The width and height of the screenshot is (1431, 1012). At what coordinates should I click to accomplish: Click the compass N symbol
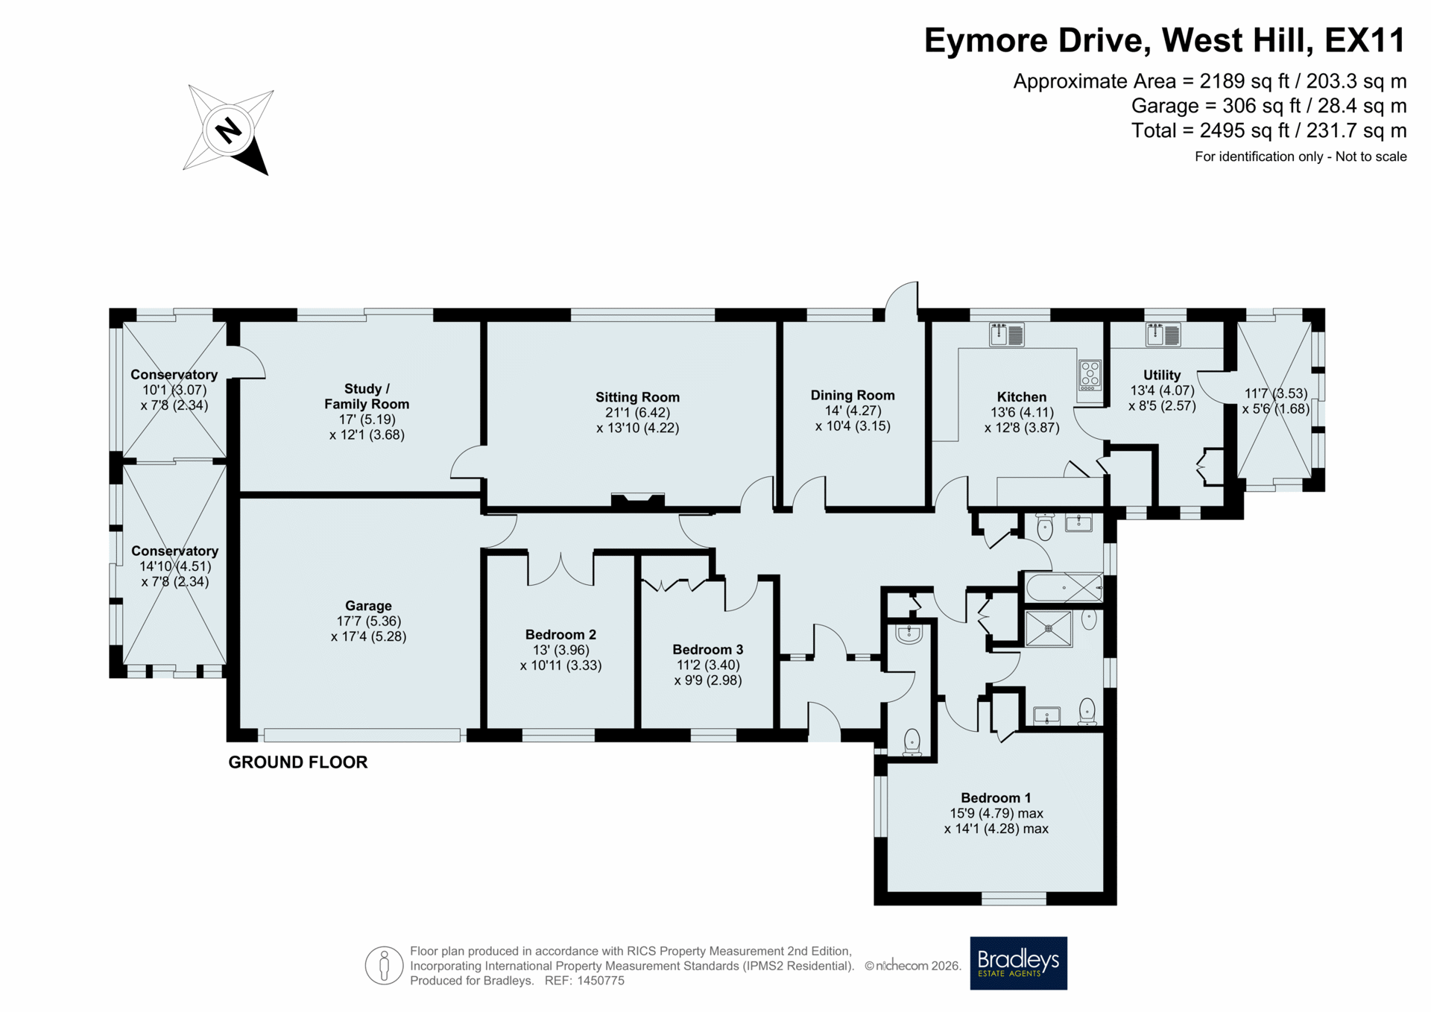(x=228, y=131)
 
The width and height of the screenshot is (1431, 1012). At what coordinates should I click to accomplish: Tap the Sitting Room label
(x=637, y=397)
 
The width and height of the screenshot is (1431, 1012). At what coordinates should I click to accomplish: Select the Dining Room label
(x=853, y=395)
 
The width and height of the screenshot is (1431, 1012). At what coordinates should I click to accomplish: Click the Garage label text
(x=368, y=606)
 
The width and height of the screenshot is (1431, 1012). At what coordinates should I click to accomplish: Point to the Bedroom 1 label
(x=996, y=798)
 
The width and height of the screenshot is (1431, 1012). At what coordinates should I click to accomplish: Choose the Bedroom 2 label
(x=560, y=635)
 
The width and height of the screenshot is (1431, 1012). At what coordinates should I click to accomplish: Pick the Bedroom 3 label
(x=707, y=650)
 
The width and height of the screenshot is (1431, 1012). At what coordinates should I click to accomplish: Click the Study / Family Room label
(x=367, y=396)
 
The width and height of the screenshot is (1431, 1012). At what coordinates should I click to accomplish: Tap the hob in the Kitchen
(x=1090, y=376)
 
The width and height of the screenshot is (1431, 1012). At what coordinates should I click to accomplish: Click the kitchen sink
(x=1006, y=335)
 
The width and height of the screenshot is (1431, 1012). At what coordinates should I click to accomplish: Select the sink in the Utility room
(x=1163, y=335)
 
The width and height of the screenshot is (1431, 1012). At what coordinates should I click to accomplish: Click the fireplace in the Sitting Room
(x=637, y=501)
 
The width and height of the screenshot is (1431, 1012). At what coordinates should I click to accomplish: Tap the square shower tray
(x=1049, y=628)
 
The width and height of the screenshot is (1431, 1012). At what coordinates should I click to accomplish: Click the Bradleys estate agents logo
(x=1018, y=963)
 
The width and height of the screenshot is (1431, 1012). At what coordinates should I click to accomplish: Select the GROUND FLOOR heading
(x=298, y=762)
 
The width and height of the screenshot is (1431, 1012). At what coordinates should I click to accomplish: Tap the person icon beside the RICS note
(x=384, y=966)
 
